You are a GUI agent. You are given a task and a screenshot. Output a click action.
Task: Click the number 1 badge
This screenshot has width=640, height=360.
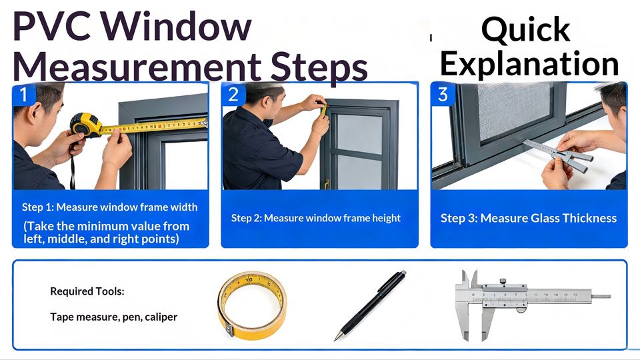pyautogui.click(x=23, y=95)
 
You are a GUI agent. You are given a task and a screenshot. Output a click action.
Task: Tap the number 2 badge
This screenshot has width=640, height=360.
pyautogui.click(x=233, y=95)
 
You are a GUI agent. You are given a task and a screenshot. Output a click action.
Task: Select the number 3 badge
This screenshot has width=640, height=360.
pyautogui.click(x=443, y=95)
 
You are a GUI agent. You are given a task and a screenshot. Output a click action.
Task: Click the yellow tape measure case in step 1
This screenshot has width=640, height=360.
pyautogui.click(x=85, y=125)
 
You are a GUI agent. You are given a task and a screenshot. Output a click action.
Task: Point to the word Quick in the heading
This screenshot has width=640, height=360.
pyautogui.click(x=526, y=30)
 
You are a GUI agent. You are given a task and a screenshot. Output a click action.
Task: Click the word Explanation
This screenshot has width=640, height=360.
pyautogui.click(x=529, y=65)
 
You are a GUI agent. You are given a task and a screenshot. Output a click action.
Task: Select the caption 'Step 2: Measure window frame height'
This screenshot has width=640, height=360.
pyautogui.click(x=316, y=218)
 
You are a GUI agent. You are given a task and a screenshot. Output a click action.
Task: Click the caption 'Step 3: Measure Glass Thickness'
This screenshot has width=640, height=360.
pyautogui.click(x=529, y=218)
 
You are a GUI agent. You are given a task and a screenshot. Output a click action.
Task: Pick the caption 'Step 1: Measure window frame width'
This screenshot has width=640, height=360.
pyautogui.click(x=110, y=207)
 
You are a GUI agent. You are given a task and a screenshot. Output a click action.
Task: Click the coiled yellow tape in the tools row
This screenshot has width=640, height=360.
pyautogui.click(x=252, y=306)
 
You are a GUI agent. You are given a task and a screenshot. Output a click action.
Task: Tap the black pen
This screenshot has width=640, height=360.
pyautogui.click(x=370, y=305)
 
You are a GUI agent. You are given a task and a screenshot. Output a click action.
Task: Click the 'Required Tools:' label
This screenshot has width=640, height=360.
pyautogui.click(x=87, y=291)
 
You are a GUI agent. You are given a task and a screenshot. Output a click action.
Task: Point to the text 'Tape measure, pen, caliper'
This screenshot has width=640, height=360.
pyautogui.click(x=114, y=317)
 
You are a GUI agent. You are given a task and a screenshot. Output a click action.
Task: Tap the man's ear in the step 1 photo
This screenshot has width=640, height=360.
pyautogui.click(x=35, y=113)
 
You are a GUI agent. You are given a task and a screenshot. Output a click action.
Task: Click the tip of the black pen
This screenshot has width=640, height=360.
pyautogui.click(x=335, y=339)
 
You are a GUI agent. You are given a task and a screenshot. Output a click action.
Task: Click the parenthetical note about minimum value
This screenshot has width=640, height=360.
pyautogui.click(x=106, y=232)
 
